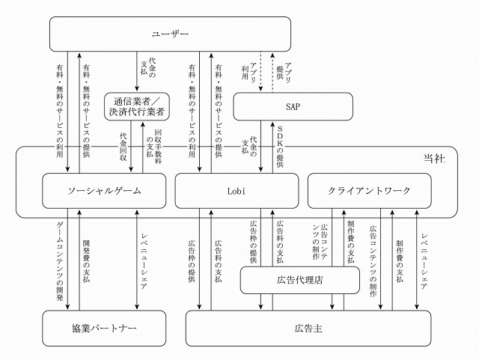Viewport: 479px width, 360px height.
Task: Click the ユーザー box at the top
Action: click(170, 34)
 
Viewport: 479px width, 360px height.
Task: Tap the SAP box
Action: click(293, 106)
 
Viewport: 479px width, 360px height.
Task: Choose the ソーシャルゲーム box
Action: click(103, 191)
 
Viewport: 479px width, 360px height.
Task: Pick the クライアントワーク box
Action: click(370, 191)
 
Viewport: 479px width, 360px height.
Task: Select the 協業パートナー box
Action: click(103, 328)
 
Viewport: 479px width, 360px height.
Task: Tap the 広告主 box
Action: click(308, 328)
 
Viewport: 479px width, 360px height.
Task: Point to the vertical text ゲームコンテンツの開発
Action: click(60, 255)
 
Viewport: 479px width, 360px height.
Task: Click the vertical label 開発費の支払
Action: click(88, 255)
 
